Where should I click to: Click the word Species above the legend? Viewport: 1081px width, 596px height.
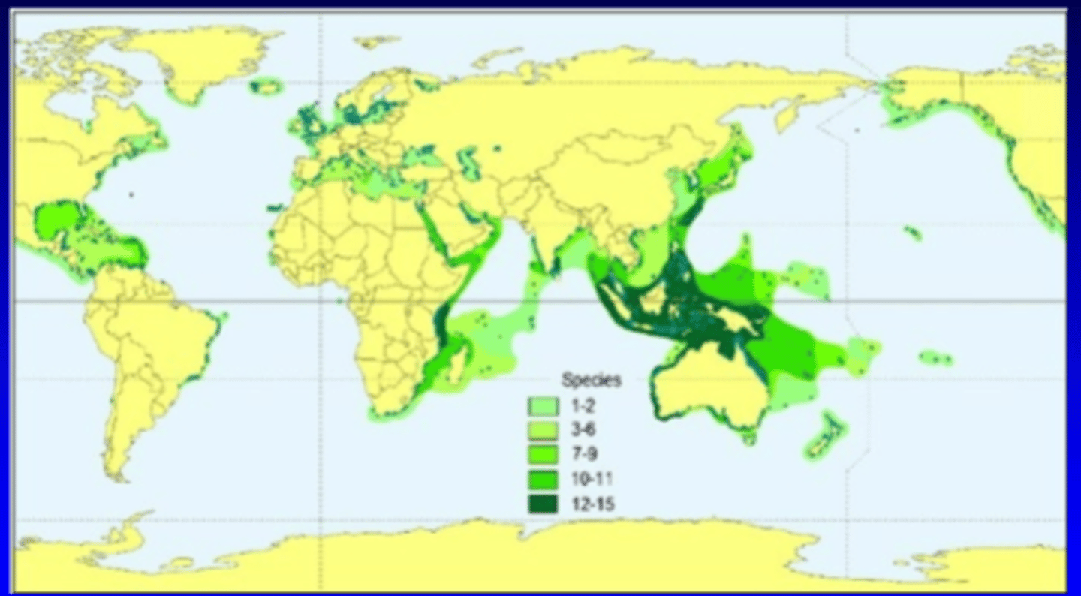[591, 381]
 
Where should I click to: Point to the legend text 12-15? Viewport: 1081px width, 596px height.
[592, 504]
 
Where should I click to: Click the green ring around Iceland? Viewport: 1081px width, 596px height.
[266, 86]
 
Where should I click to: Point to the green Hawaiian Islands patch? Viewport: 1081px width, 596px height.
[913, 233]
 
